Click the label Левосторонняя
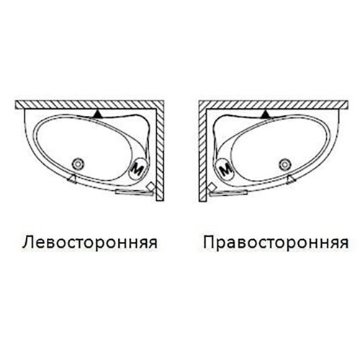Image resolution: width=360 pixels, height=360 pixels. (90, 242)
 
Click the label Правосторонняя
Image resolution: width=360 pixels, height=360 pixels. (276, 243)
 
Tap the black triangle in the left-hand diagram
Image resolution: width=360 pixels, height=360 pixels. (98, 114)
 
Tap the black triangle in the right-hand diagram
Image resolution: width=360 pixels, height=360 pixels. (266, 114)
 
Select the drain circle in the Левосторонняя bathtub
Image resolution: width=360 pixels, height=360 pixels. (78, 164)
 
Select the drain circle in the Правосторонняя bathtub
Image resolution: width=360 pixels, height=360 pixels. (285, 165)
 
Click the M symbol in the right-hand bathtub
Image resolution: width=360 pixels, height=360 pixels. (225, 169)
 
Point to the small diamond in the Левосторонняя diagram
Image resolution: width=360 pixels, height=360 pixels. (150, 186)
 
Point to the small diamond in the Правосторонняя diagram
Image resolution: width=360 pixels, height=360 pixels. (212, 186)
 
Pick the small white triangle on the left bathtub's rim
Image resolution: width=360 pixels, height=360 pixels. (72, 179)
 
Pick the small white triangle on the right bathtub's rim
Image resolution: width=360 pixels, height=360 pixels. (291, 179)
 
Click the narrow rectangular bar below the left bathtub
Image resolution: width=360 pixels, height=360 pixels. (134, 192)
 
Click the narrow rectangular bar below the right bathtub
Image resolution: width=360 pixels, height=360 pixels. (228, 192)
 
